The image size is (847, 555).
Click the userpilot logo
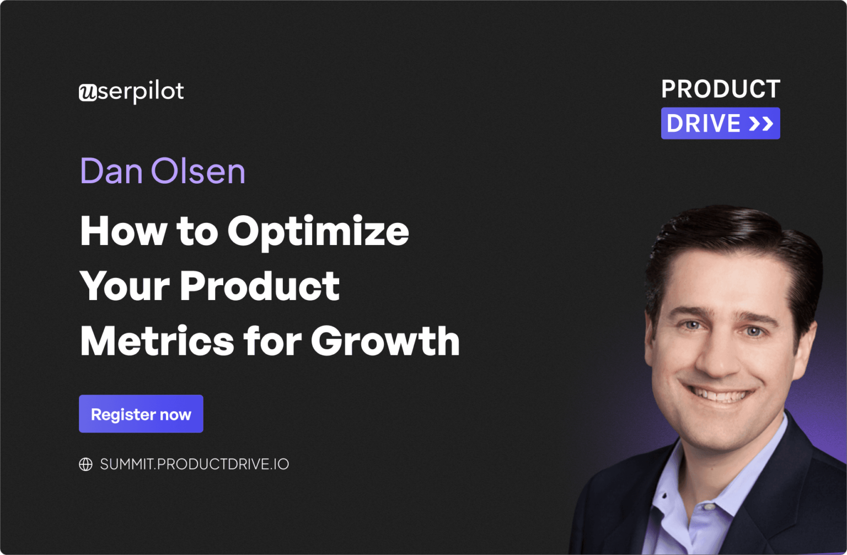[131, 92]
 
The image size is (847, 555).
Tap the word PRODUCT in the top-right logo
[720, 89]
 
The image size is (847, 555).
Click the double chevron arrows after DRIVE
[761, 124]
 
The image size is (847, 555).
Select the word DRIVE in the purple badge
[704, 124]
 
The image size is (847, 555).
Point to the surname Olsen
[198, 171]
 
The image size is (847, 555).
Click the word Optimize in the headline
[318, 232]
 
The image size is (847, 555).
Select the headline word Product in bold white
[259, 286]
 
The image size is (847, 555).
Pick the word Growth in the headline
[385, 341]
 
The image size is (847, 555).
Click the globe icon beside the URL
[85, 465]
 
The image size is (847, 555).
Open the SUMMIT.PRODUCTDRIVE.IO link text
[194, 465]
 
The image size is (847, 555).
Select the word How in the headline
[123, 232]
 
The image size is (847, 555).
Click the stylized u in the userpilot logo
[88, 93]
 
